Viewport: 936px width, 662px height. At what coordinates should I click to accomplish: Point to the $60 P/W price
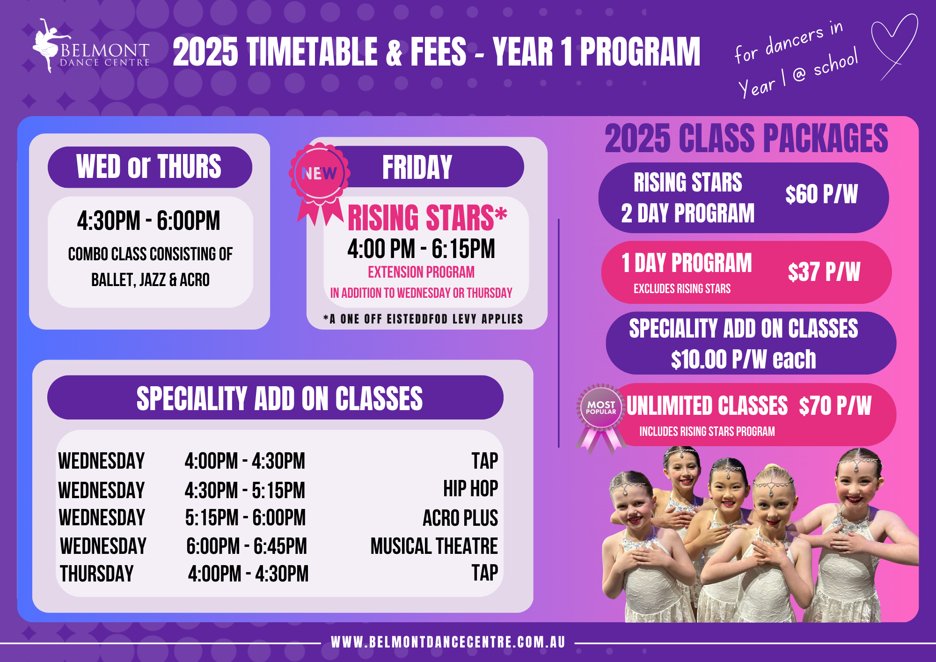(x=821, y=194)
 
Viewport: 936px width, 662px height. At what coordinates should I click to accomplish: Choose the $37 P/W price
(x=824, y=272)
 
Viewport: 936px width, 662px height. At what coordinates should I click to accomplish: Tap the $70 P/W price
(x=835, y=406)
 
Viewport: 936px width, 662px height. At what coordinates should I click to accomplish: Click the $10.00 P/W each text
(x=743, y=360)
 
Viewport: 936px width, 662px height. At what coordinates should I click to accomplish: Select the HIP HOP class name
(x=470, y=489)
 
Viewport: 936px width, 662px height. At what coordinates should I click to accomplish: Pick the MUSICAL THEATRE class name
(x=434, y=546)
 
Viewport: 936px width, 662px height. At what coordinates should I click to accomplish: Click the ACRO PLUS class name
(x=460, y=518)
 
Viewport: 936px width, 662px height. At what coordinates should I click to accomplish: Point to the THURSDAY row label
(x=97, y=574)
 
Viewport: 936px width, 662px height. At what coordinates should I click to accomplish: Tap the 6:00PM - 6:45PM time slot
(x=247, y=546)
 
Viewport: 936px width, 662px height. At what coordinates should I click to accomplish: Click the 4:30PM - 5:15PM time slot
(x=245, y=490)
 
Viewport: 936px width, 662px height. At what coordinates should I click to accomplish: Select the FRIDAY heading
(x=417, y=167)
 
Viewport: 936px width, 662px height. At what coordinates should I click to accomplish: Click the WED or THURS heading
(x=149, y=167)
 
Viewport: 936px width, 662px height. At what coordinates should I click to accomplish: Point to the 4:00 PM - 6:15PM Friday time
(x=421, y=249)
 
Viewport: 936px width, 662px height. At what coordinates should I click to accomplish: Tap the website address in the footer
(x=448, y=642)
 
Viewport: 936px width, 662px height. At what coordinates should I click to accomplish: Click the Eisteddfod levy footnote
(x=423, y=319)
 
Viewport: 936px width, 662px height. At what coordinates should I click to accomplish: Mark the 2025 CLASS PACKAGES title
(x=746, y=139)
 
